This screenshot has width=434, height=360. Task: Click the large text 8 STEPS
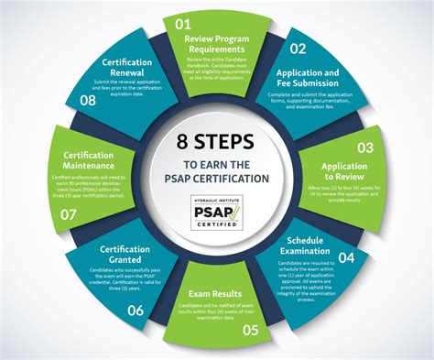[x=217, y=143]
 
